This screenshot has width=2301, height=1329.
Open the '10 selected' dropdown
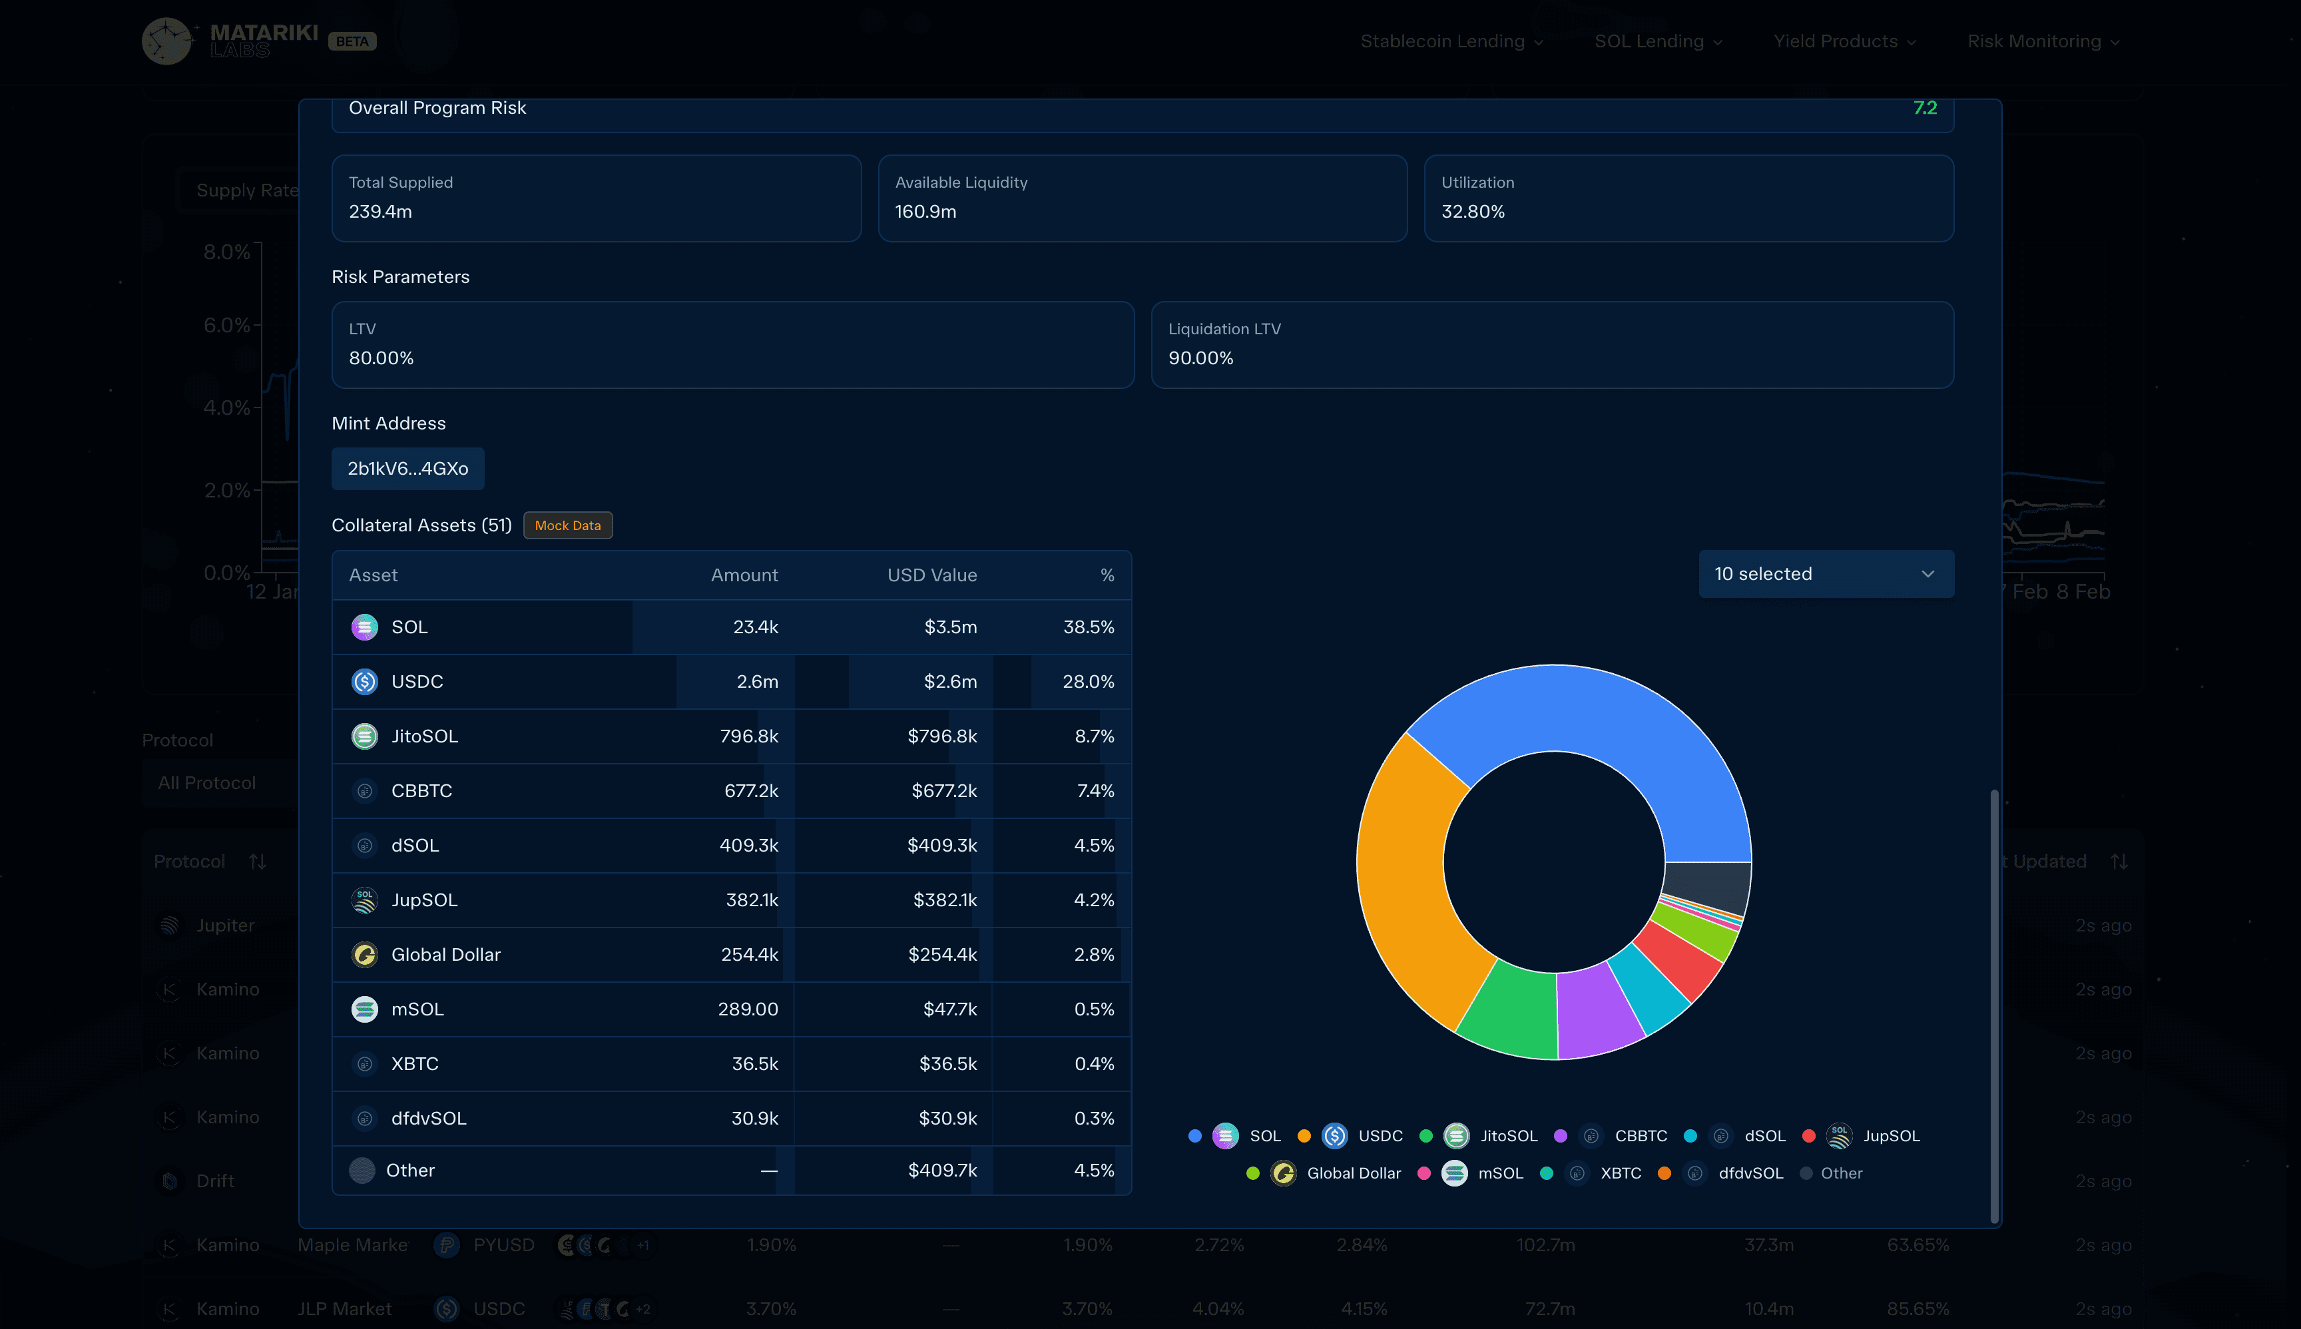pyautogui.click(x=1826, y=574)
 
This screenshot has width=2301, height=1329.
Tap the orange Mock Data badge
pyautogui.click(x=568, y=526)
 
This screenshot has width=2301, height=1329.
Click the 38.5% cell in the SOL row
pyautogui.click(x=1088, y=627)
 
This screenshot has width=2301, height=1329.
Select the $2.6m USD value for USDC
pyautogui.click(x=950, y=682)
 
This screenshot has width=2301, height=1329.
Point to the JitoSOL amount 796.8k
pyautogui.click(x=748, y=736)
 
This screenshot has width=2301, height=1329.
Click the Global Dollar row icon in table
pyautogui.click(x=364, y=955)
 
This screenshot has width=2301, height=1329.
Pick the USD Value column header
pyautogui.click(x=932, y=575)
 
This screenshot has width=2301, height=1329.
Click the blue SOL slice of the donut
pyautogui.click(x=1588, y=721)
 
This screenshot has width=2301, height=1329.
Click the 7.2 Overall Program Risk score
pyautogui.click(x=1924, y=108)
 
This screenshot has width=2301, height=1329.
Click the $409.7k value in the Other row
pyautogui.click(x=942, y=1170)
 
